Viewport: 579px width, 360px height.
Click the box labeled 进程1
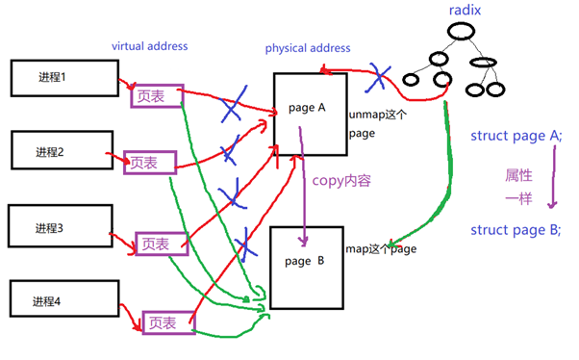coord(63,78)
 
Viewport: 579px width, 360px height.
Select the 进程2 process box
coord(63,150)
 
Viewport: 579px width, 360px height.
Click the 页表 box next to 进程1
coord(156,94)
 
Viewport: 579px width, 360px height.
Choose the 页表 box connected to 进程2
coord(150,163)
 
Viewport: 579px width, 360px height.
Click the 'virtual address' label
coord(149,45)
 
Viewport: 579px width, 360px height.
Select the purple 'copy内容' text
coord(341,180)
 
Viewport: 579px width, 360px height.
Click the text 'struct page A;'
coord(515,135)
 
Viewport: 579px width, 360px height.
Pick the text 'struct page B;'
coord(516,229)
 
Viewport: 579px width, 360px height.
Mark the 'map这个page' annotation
coord(381,248)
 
